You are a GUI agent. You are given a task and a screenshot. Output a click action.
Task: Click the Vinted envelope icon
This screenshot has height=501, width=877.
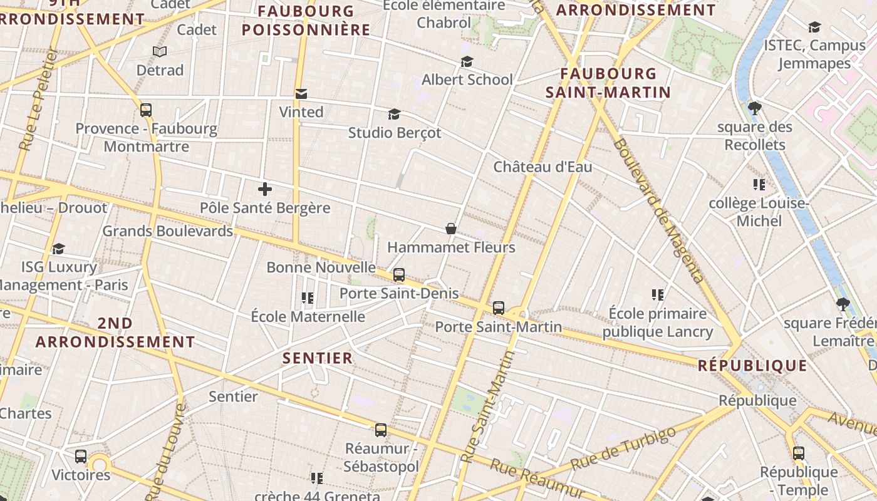click(301, 94)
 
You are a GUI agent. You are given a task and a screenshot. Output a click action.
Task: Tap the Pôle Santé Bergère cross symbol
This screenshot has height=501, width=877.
click(265, 189)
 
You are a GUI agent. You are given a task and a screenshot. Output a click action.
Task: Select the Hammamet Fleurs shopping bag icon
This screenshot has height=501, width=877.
click(450, 229)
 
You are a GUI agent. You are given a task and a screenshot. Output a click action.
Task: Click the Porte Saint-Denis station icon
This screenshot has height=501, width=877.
click(399, 275)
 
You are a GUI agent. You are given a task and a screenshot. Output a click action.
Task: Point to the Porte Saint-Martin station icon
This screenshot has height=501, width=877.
click(499, 308)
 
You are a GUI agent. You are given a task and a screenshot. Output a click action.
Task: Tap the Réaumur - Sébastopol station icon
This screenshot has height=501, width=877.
click(381, 430)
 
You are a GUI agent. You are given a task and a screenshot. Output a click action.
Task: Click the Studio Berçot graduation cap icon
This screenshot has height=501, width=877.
click(394, 114)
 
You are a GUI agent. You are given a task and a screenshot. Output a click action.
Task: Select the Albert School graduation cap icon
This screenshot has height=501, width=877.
click(467, 61)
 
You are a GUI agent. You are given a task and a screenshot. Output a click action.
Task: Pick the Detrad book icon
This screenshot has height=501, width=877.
click(160, 51)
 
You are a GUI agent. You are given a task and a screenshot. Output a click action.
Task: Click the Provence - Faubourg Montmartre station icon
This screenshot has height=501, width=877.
click(146, 110)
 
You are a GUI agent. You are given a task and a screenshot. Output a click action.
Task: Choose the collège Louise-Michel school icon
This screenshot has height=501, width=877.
click(759, 185)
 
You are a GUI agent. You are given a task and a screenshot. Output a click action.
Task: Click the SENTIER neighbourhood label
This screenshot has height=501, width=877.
click(318, 358)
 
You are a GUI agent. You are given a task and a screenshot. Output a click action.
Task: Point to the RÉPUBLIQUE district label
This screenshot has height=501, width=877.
click(753, 366)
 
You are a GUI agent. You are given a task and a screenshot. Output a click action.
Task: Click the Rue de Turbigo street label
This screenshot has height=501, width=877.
click(624, 449)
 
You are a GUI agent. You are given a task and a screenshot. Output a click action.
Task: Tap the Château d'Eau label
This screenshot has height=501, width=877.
click(542, 167)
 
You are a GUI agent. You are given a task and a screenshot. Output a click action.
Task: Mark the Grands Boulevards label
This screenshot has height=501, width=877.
click(167, 231)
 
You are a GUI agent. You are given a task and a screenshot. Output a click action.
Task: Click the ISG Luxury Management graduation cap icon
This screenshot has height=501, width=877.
click(59, 249)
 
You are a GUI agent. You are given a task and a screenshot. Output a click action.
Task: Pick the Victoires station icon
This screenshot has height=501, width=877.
click(81, 457)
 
